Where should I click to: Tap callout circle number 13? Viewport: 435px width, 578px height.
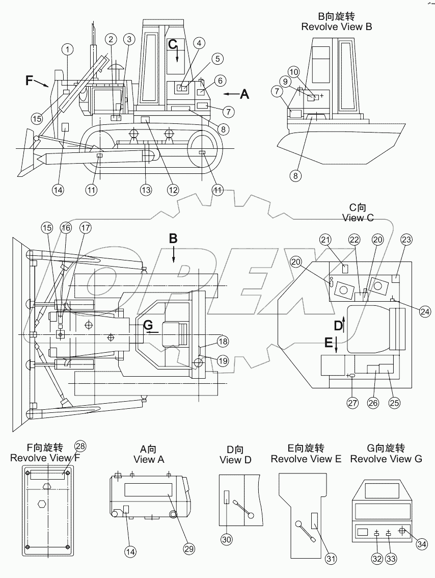tap(146, 190)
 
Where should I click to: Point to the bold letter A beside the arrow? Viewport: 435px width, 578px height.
tap(244, 94)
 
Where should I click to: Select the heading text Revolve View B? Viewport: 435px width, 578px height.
tap(336, 27)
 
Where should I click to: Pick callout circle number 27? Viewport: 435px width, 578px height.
tap(353, 403)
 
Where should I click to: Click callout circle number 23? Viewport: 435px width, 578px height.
tap(406, 240)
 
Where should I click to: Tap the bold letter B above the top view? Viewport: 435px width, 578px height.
tap(173, 238)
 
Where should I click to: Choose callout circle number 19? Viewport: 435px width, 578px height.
tap(223, 361)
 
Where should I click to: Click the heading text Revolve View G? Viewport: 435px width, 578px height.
tap(386, 459)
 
